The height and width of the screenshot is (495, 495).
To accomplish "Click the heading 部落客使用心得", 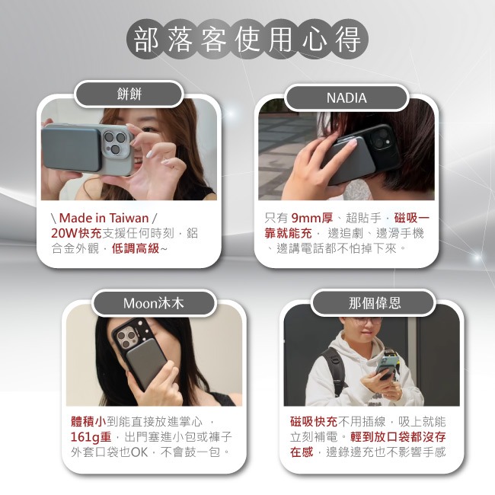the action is (x=247, y=39).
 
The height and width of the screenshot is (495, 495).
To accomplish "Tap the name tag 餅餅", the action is (x=129, y=94).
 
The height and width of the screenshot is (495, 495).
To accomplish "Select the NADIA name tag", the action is (x=346, y=97).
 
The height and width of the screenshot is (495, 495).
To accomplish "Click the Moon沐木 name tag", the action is (x=153, y=303).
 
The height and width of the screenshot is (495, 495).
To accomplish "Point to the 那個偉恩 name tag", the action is (x=375, y=303).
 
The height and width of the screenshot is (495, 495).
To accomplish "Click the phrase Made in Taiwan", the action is (x=104, y=218).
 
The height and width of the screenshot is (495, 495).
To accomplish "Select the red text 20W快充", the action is (x=76, y=233).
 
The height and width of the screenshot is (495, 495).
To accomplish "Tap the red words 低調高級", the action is (x=136, y=248).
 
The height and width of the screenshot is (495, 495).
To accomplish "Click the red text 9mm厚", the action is (x=312, y=218).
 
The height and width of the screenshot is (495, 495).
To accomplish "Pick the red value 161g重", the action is (x=91, y=437).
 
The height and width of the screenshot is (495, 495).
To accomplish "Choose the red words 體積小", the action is (x=88, y=422).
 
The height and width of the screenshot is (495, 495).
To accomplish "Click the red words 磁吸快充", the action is (x=314, y=422).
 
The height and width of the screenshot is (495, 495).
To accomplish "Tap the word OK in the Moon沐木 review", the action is (x=139, y=452).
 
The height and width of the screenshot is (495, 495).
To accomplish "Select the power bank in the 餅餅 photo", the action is (x=72, y=148).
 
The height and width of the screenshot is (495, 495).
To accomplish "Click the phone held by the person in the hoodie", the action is (x=388, y=367).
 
